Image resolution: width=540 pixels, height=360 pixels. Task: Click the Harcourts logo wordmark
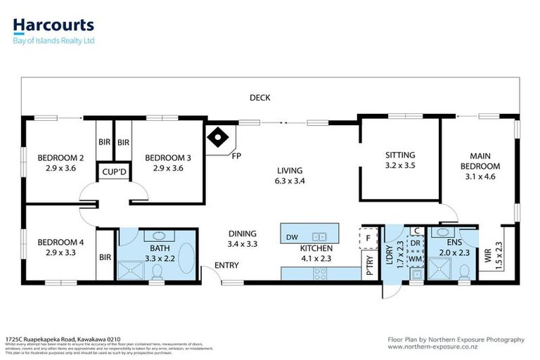pos(53,26)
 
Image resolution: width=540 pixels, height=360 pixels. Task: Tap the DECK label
pos(260,98)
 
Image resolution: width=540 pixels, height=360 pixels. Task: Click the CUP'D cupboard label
pos(114,172)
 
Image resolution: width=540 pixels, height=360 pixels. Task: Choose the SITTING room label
pos(400,155)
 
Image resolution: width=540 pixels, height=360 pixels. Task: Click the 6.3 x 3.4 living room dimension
pos(289,181)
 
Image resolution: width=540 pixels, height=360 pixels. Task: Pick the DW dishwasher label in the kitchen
pos(291,238)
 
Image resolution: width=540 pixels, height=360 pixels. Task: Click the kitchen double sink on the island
pos(320,237)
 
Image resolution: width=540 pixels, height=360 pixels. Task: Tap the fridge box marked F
pos(368,238)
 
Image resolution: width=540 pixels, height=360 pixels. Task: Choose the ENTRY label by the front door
pos(227,266)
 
